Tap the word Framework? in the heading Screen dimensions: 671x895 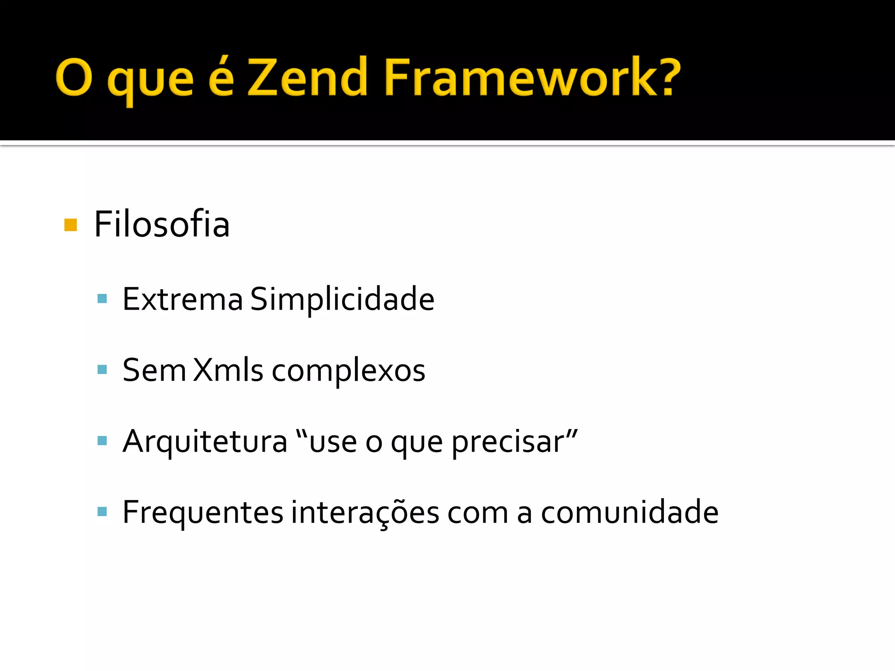[532, 78]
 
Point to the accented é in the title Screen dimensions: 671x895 [221, 76]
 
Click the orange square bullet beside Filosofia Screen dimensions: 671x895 [70, 225]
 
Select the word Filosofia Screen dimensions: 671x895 [162, 224]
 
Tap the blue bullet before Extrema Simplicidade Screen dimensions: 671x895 [102, 299]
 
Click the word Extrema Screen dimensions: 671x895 [182, 300]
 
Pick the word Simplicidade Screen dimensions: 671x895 [342, 300]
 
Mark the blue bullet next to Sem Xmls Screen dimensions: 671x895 [102, 370]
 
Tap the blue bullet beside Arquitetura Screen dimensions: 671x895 [102, 441]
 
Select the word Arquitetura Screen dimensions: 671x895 [205, 442]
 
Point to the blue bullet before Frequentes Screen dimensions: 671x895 [102, 512]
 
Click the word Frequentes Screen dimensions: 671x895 [203, 512]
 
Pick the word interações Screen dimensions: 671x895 [365, 512]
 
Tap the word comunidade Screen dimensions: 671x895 [629, 512]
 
